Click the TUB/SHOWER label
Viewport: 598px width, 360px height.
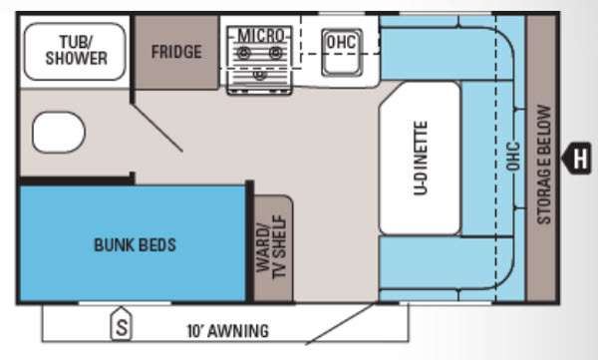[x=77, y=50]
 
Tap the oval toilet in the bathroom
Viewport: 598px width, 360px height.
[x=59, y=132]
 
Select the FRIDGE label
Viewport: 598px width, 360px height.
[x=176, y=52]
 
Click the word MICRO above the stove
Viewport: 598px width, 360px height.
[x=261, y=36]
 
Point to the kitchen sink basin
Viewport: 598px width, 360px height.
[x=342, y=52]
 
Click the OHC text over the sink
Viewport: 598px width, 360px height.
[x=341, y=42]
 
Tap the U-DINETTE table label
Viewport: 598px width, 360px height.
[x=421, y=158]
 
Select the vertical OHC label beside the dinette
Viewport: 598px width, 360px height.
[x=513, y=156]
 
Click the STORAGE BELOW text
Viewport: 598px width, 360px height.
[x=544, y=165]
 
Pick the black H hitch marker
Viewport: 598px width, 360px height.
[x=577, y=158]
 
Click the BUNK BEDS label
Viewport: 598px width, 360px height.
[x=135, y=244]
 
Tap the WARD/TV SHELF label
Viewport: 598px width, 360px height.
[x=271, y=247]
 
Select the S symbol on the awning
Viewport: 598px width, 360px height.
[x=122, y=324]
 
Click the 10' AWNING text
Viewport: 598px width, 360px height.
[x=227, y=331]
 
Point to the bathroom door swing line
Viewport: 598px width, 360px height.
[x=156, y=128]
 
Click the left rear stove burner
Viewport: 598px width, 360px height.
[x=244, y=52]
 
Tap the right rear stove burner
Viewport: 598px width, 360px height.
[x=276, y=52]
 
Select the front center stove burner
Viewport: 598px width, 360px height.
[x=260, y=74]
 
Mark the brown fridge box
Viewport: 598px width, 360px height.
[x=176, y=52]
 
